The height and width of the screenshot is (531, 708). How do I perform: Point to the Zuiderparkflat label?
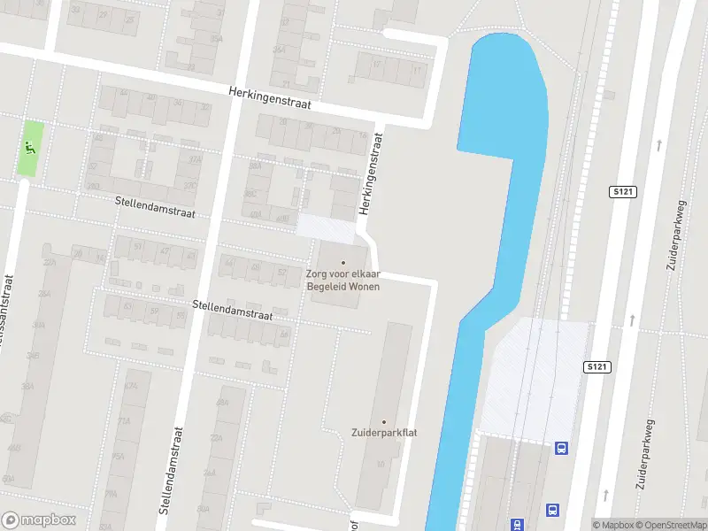click(x=383, y=433)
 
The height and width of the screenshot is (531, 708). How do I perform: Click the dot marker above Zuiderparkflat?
click(x=383, y=421)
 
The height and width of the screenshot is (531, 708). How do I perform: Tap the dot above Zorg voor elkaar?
click(x=343, y=262)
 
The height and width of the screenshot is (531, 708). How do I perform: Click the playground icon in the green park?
click(x=30, y=148)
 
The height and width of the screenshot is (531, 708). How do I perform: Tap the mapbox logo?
click(x=39, y=519)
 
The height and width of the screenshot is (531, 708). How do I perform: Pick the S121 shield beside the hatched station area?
click(x=596, y=366)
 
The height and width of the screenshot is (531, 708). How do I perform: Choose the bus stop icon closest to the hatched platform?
click(x=561, y=448)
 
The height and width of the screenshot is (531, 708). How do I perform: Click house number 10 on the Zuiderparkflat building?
click(x=381, y=464)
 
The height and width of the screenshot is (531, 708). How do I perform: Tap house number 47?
click(x=165, y=251)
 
